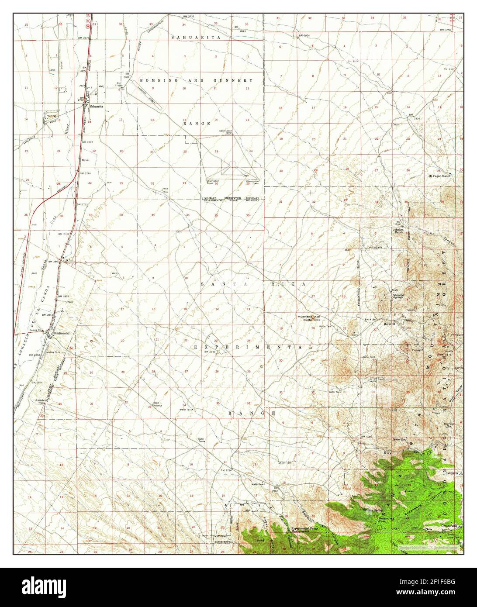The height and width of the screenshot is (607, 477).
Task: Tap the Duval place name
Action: coord(86,160)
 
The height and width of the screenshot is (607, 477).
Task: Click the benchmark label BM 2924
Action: coord(304,35)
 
